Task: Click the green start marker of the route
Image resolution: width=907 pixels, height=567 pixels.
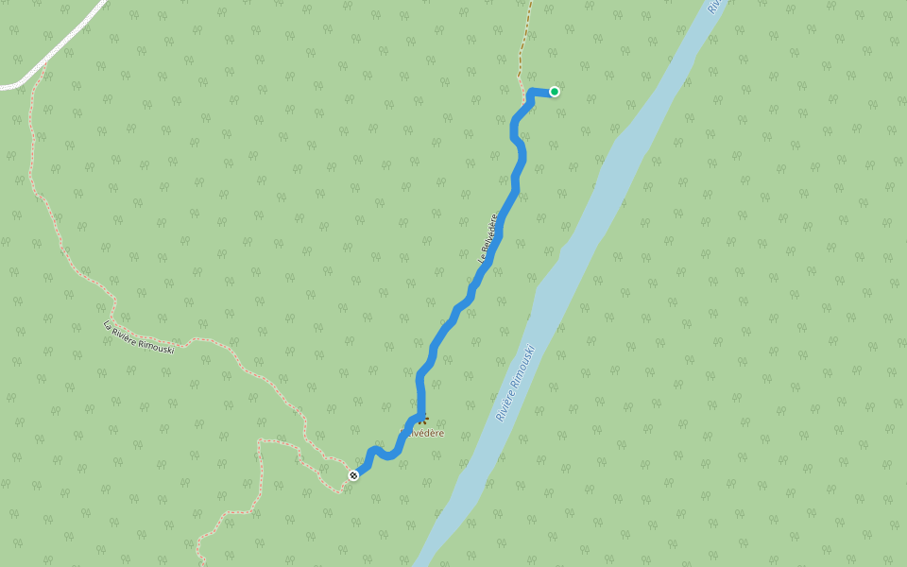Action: click(x=555, y=92)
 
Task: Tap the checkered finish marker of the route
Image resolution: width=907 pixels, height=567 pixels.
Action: click(x=353, y=474)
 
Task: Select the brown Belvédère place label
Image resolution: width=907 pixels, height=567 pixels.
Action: click(x=422, y=433)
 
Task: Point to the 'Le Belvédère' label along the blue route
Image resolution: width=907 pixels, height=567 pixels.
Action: click(x=488, y=236)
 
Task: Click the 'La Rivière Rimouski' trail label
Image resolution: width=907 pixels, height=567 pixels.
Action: click(x=139, y=336)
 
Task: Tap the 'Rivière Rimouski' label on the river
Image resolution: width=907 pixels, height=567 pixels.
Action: click(x=516, y=382)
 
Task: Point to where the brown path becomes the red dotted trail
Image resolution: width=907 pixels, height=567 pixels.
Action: click(x=521, y=81)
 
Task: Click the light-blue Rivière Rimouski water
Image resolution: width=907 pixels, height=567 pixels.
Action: click(x=605, y=180)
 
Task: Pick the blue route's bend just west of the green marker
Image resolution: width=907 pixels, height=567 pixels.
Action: click(x=531, y=93)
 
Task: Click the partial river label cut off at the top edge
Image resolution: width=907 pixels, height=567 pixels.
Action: click(x=715, y=6)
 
